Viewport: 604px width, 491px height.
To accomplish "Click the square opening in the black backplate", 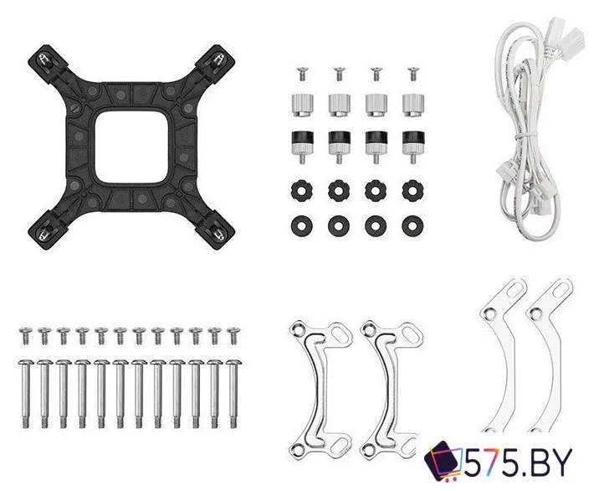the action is click(131, 147).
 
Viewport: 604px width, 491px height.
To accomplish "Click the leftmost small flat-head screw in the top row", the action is click(302, 73).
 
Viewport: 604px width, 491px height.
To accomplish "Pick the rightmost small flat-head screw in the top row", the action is click(412, 73).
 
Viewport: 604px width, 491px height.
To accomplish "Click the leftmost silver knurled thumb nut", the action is click(302, 105).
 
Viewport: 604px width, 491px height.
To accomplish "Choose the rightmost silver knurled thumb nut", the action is click(413, 105).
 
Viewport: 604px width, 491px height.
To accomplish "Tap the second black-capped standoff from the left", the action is click(340, 147).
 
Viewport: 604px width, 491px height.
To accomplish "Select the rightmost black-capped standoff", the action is click(413, 147).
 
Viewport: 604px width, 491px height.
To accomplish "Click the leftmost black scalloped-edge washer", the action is click(302, 190).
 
